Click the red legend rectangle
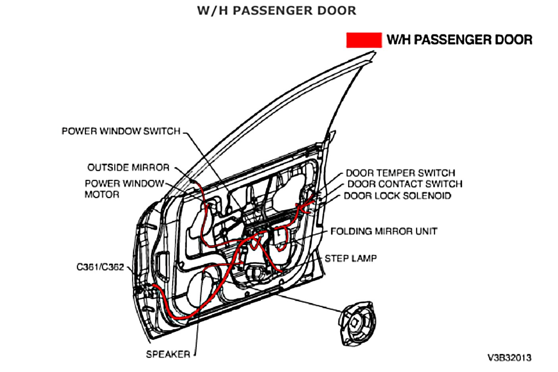(x=364, y=40)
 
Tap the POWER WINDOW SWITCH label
(x=121, y=131)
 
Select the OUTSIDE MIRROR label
(x=128, y=167)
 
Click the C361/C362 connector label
(x=100, y=267)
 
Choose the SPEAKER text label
(x=168, y=354)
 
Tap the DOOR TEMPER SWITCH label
(x=400, y=173)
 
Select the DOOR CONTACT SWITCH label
(x=405, y=184)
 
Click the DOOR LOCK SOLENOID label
(x=397, y=196)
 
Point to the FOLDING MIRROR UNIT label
(x=384, y=231)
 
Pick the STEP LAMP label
(x=351, y=258)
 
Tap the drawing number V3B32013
(x=509, y=358)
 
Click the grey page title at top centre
(x=277, y=11)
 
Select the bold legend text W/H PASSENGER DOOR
(x=460, y=40)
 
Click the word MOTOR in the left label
(x=102, y=195)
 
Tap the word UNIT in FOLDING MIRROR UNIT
(x=426, y=231)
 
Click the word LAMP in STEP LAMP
(x=363, y=258)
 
